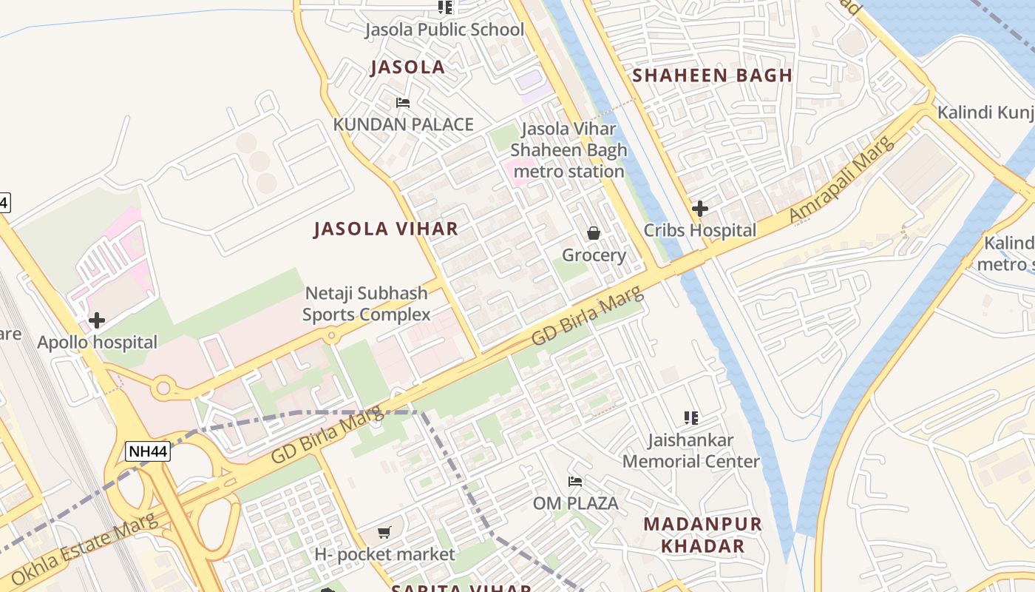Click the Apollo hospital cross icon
coord(96,320)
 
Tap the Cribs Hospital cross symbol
coord(699,209)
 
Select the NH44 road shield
coord(147,451)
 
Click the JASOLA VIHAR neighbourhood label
coord(386,229)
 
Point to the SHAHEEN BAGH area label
coord(712,75)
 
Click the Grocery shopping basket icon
coord(593,234)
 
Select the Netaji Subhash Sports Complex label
coord(367,303)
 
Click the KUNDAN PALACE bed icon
coord(403,103)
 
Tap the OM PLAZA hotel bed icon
coord(575,482)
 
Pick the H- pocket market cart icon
coord(384,532)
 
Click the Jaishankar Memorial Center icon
coord(691,418)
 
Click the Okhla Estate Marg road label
coord(85,547)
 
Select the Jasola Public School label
coord(444,30)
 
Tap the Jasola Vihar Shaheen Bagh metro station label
coord(569,150)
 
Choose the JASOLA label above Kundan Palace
coord(407,67)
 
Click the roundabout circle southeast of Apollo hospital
coord(163,387)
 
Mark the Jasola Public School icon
coord(444,7)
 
